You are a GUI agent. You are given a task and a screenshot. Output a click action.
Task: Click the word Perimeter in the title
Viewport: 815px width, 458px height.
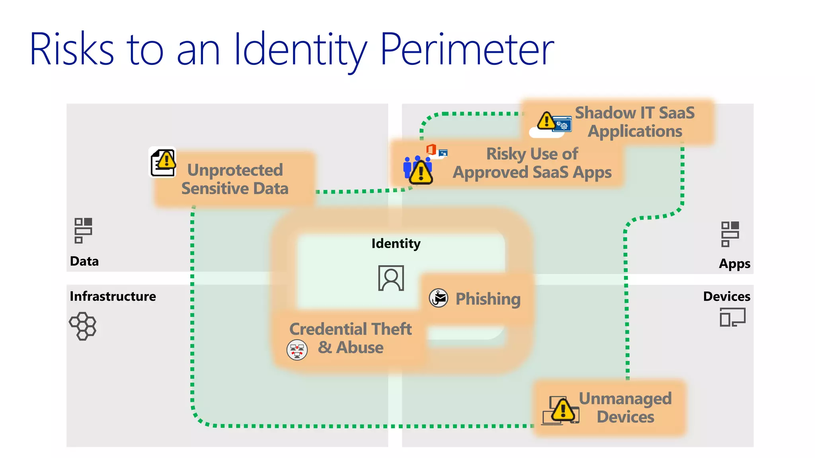click(467, 49)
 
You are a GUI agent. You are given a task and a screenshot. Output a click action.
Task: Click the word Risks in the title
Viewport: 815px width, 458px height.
click(72, 49)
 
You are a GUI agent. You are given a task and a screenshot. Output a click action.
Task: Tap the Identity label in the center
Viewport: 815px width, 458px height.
click(396, 243)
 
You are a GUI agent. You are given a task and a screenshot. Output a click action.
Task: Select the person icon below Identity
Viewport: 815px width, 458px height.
click(391, 278)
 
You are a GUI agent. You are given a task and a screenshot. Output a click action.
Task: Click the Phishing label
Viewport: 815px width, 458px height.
click(488, 299)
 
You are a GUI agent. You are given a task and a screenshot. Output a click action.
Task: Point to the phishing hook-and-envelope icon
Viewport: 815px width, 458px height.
click(439, 298)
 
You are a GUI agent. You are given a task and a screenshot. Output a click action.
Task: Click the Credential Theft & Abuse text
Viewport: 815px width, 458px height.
click(350, 338)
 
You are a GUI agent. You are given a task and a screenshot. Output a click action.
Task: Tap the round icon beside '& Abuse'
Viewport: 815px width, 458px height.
click(297, 350)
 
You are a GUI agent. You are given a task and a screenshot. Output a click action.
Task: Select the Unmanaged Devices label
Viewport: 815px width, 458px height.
click(625, 408)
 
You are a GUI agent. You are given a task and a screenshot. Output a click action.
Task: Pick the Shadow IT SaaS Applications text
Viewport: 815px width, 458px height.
click(635, 122)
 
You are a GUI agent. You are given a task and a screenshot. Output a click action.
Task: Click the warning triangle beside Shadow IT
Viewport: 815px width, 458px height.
click(546, 120)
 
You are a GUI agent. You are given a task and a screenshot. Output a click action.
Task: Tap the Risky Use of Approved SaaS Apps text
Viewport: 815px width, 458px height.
click(532, 163)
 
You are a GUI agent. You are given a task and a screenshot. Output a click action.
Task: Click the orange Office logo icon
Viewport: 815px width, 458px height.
click(431, 150)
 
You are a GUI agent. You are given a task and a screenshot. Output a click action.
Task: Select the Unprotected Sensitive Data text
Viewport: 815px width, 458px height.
click(235, 179)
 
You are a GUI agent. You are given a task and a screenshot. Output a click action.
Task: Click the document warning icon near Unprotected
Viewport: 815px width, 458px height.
click(163, 162)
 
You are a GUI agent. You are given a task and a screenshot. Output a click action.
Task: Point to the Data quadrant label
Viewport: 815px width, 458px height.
click(84, 261)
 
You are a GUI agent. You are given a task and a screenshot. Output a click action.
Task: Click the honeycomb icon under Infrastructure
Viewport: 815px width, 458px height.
click(83, 326)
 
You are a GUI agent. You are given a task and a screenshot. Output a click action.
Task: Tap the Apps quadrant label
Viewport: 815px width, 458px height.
click(734, 264)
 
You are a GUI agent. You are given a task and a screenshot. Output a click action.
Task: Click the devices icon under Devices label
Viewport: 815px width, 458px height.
click(732, 318)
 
